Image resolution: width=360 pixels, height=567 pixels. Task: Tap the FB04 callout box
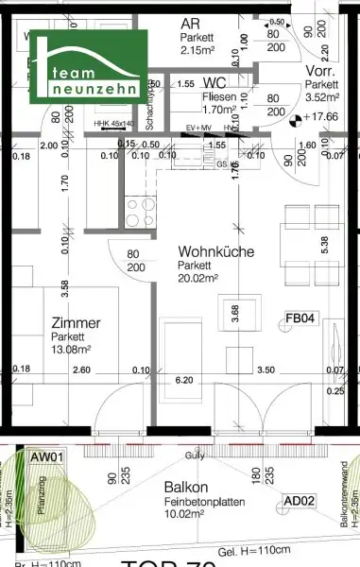pyautogui.click(x=300, y=319)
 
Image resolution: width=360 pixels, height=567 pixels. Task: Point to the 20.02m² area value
pyautogui.click(x=199, y=278)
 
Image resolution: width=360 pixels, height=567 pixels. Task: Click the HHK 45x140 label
pyautogui.click(x=114, y=124)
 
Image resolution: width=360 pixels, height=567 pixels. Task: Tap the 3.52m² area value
pyautogui.click(x=317, y=95)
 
